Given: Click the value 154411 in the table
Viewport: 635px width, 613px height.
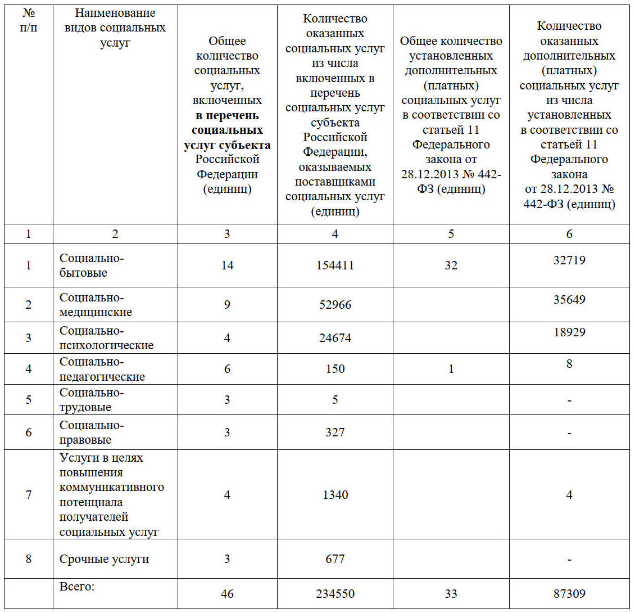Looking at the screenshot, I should (x=335, y=265).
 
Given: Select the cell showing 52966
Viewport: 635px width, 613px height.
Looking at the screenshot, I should (x=335, y=305).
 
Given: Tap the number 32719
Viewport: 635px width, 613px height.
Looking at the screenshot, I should (x=569, y=260).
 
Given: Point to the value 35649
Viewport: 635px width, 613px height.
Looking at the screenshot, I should (x=569, y=299).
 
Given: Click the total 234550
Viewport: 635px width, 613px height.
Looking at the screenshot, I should (x=335, y=593).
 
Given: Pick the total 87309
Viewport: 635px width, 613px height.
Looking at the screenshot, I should (x=569, y=593).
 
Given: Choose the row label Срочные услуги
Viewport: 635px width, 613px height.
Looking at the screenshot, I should (x=105, y=559).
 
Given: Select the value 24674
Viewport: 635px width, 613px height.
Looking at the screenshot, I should (x=335, y=338).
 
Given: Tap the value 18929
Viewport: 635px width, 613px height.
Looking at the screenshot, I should (x=569, y=332).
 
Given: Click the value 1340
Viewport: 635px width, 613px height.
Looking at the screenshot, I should (x=335, y=495).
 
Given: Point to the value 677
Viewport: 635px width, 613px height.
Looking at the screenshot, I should (x=335, y=559).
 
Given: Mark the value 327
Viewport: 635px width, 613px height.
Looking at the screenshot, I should (x=335, y=432).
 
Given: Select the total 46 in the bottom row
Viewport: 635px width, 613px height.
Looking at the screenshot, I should (x=227, y=593).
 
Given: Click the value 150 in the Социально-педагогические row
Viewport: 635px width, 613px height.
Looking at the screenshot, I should (x=335, y=369).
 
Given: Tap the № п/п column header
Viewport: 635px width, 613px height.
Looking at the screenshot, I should (x=29, y=20).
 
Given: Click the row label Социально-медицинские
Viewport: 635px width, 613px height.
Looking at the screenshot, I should (x=96, y=305).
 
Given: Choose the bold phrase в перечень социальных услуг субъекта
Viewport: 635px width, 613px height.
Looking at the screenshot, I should (x=227, y=130).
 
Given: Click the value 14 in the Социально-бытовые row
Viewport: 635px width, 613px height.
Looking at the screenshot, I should (x=227, y=265).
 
